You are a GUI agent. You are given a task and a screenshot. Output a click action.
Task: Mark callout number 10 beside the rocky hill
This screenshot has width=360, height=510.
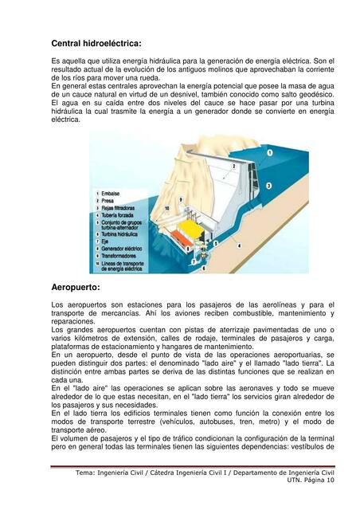(x=167, y=208)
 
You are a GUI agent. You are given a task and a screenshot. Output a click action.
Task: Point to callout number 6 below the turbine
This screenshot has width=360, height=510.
(x=204, y=268)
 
